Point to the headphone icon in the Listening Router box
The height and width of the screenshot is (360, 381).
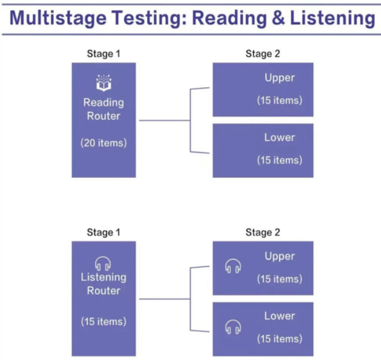(x=104, y=264)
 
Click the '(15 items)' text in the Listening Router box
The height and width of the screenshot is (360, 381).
(x=104, y=321)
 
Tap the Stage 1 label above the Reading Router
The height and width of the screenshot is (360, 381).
(x=104, y=54)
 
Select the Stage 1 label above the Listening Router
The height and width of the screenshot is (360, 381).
(x=104, y=232)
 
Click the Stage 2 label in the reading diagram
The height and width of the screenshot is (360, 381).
(x=263, y=54)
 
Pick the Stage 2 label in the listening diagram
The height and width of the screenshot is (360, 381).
(x=263, y=232)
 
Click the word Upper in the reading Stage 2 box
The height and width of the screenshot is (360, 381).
(x=279, y=78)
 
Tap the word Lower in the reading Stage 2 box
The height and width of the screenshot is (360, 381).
(x=279, y=137)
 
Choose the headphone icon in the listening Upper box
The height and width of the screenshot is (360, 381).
(x=233, y=266)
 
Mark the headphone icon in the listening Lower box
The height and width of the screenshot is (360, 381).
(x=233, y=327)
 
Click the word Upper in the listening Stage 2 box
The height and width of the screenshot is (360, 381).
(x=279, y=257)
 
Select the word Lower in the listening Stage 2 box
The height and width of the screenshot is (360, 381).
(x=279, y=316)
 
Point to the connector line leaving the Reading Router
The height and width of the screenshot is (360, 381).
(x=164, y=120)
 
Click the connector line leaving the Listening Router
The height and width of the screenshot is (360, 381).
(x=164, y=299)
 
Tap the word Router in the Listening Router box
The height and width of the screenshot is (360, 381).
(x=104, y=290)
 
